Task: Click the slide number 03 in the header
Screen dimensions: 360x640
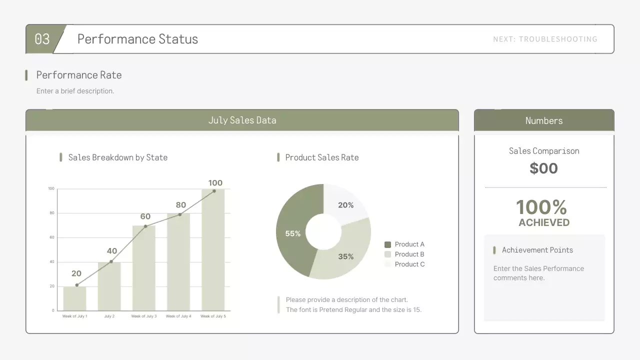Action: [42, 39]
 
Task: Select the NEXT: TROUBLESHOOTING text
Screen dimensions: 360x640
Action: [545, 39]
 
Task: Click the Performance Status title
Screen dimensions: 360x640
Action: [137, 39]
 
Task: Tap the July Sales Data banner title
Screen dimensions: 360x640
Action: [242, 120]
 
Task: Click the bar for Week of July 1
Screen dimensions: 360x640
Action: [74, 298]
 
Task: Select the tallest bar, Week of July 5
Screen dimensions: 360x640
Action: [213, 250]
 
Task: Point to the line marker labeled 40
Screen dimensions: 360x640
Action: [111, 261]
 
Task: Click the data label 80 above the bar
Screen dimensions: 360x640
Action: [180, 205]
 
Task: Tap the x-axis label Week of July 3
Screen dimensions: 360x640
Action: [144, 316]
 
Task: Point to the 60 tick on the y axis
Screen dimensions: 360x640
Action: [51, 237]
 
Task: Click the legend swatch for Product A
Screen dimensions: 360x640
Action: [387, 244]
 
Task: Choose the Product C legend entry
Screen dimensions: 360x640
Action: [409, 264]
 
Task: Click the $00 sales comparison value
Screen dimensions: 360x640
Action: [543, 168]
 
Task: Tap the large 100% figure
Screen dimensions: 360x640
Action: [541, 206]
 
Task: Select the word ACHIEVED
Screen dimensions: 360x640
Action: [544, 222]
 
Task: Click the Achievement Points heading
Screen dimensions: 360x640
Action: [537, 250]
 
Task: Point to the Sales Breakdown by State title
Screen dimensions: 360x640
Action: [117, 157]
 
